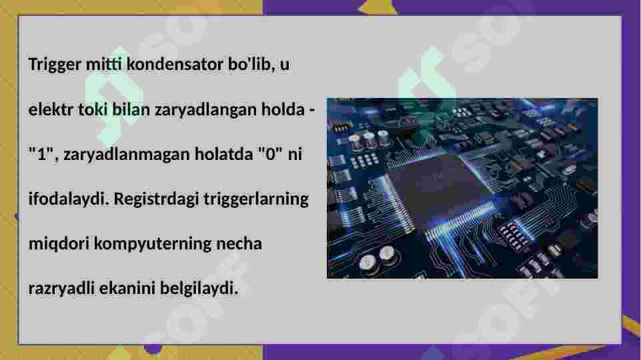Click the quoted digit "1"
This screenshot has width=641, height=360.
[x=41, y=154]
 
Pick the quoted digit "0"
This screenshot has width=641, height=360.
[x=269, y=154]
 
